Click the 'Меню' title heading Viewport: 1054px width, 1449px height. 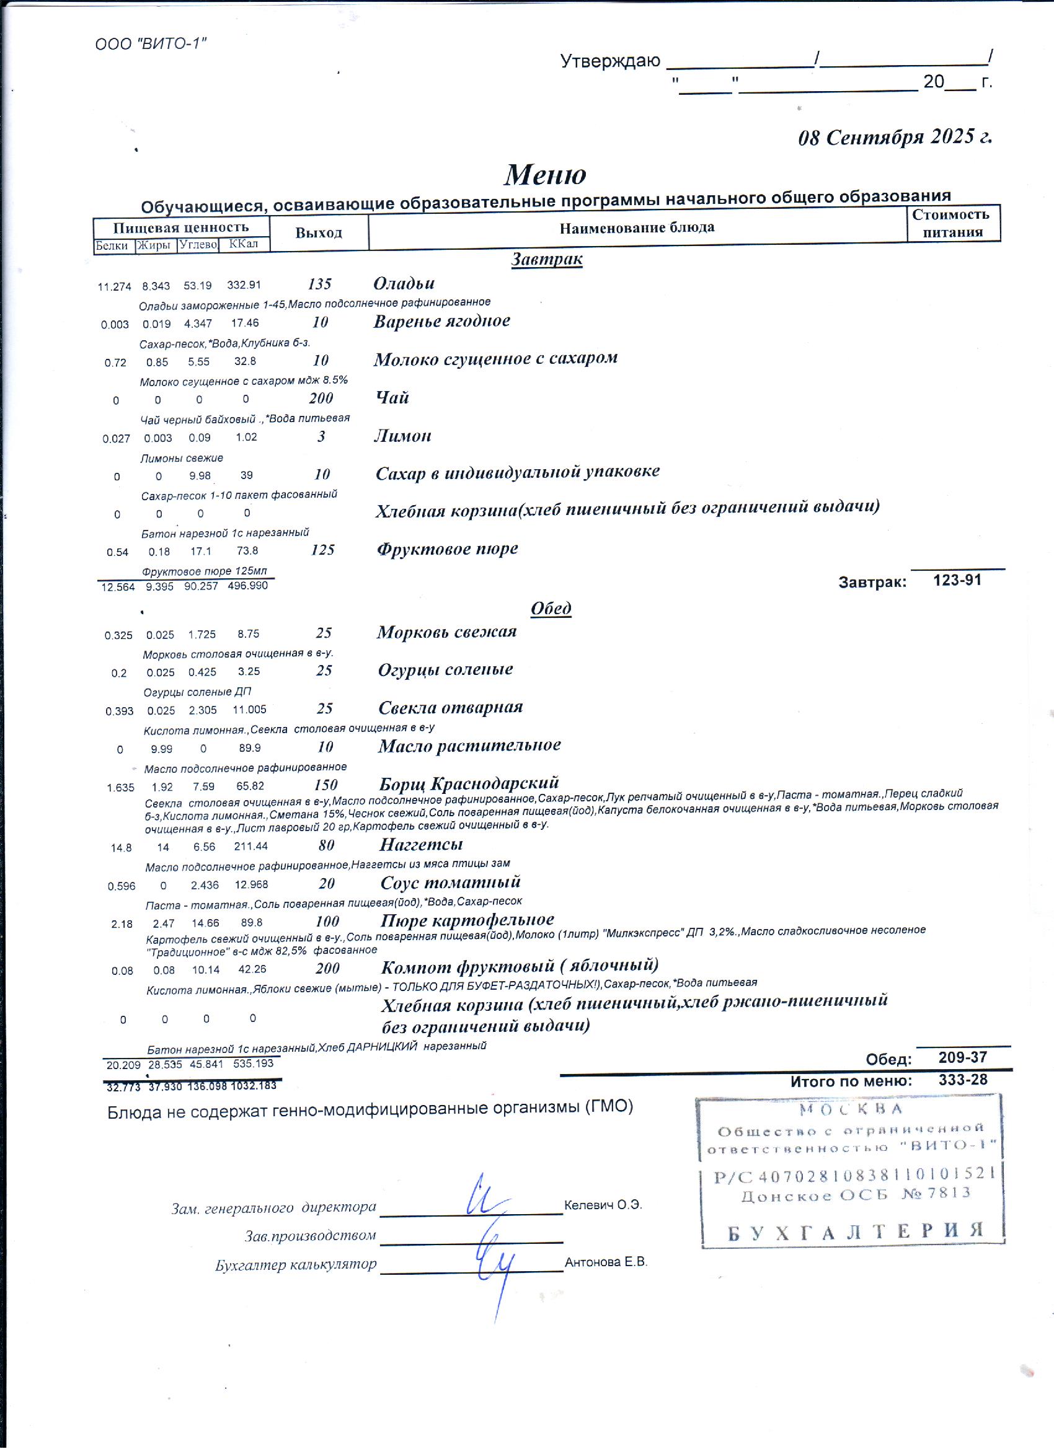(544, 174)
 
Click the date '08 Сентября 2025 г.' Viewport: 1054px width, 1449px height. (895, 137)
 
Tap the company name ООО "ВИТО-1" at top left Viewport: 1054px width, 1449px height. (151, 44)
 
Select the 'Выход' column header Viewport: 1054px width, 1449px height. (318, 233)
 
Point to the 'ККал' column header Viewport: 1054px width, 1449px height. (243, 244)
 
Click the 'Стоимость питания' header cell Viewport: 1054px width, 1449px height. (952, 223)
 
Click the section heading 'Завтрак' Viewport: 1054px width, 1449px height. (546, 259)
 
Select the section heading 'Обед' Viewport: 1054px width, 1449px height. (551, 608)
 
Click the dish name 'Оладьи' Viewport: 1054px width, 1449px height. (404, 283)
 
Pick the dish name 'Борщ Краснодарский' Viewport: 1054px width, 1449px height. (469, 783)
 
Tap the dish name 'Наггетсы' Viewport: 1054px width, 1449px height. (420, 844)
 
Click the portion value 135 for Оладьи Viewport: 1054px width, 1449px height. (319, 284)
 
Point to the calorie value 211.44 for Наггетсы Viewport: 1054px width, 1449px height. (250, 847)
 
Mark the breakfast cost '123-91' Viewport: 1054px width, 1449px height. (957, 580)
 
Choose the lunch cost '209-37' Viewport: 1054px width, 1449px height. (963, 1057)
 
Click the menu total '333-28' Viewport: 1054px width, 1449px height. (963, 1080)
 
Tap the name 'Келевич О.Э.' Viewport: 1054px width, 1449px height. (603, 1205)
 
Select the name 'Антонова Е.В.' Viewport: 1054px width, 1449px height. (606, 1262)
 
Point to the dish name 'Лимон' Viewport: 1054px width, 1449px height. (402, 436)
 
